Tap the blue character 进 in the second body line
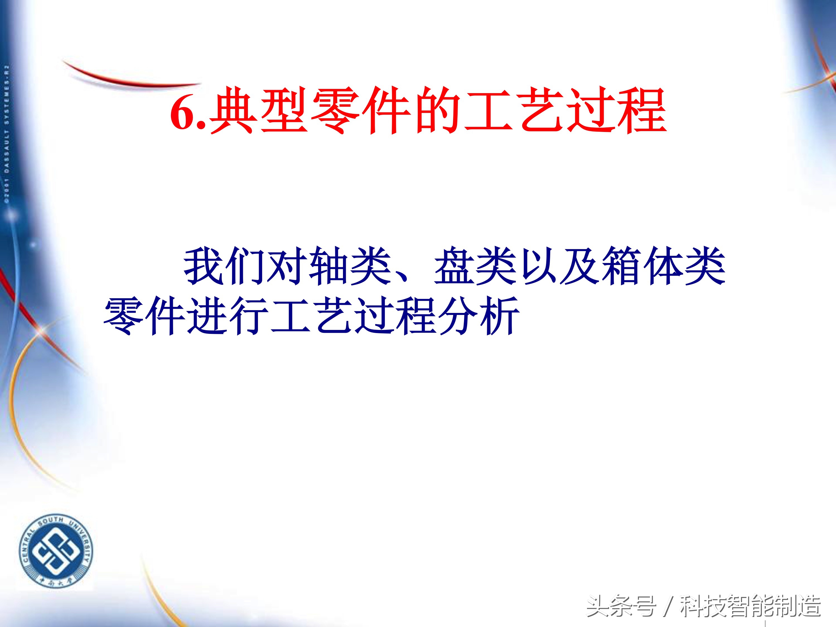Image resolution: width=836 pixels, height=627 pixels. [x=207, y=315]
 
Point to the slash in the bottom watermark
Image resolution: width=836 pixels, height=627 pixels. [x=668, y=606]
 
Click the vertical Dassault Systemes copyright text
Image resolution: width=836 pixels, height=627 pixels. [x=7, y=134]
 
